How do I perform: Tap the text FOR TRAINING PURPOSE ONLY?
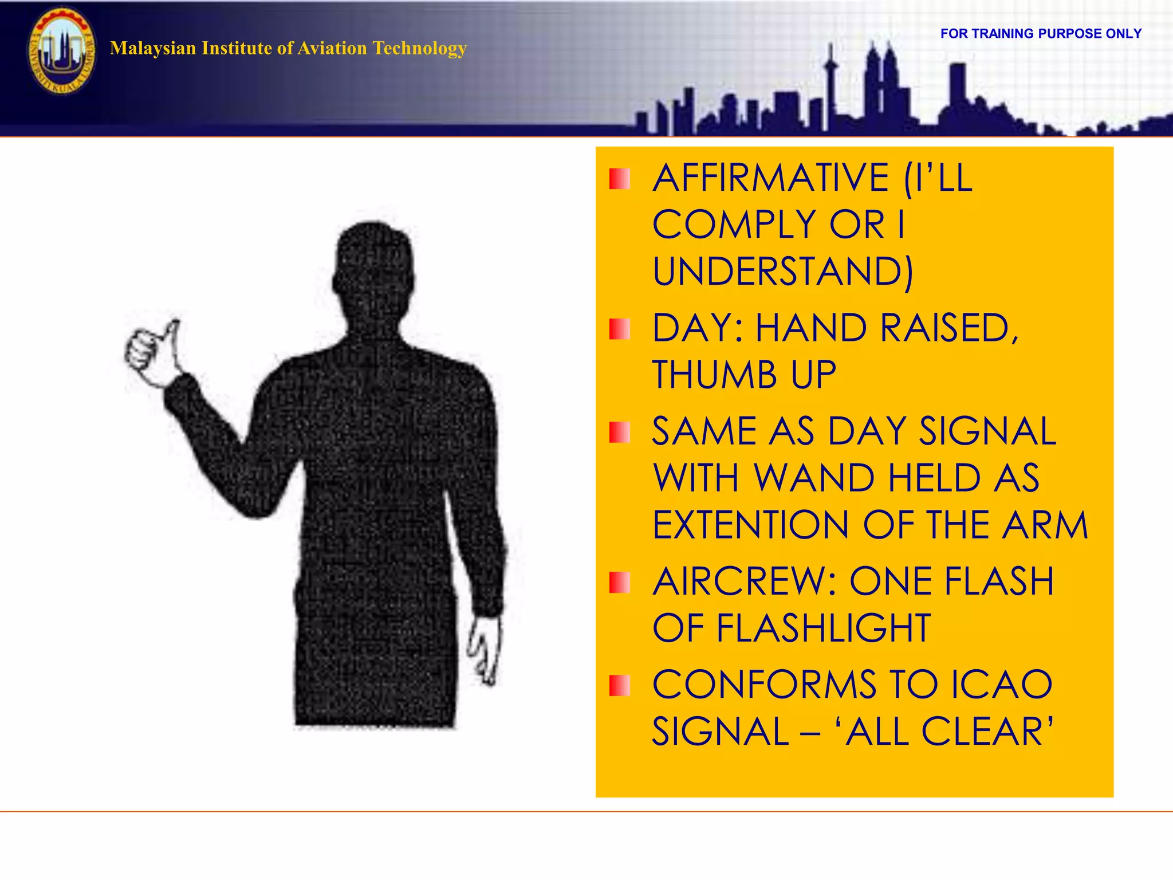1041,34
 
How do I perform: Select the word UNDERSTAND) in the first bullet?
782,272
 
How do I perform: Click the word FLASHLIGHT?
823,629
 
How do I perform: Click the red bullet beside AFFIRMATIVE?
619,179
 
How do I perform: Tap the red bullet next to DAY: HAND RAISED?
619,329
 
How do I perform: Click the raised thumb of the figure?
172,332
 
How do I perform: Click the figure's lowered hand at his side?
485,650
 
